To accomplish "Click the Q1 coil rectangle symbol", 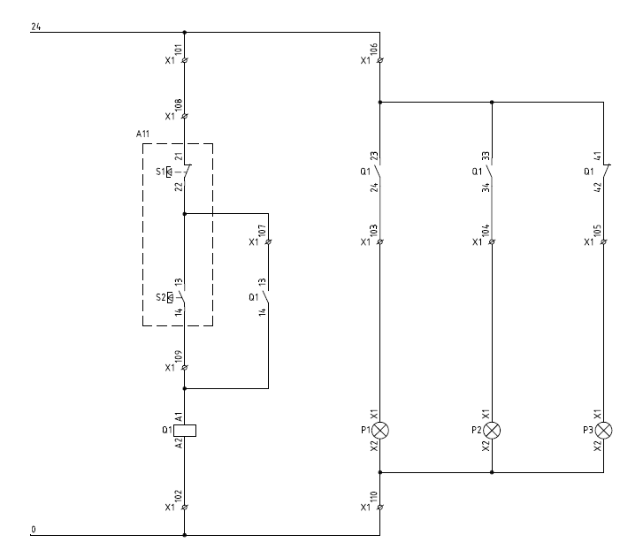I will pos(185,431).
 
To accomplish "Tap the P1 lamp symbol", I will pos(380,431).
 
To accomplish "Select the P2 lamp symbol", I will pos(491,431).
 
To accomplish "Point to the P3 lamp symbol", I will pos(603,431).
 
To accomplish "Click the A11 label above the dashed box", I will pos(143,134).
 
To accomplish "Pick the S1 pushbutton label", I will pos(161,171).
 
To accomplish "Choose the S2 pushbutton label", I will pos(161,297).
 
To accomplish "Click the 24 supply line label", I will pos(36,27).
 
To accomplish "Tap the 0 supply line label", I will pos(34,530).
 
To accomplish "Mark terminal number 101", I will pos(179,51).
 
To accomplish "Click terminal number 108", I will pos(179,107).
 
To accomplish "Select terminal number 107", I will pos(263,233).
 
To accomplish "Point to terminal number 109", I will pos(179,357).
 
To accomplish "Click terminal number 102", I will pos(179,498).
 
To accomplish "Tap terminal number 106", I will pos(374,51).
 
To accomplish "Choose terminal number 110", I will pos(374,498).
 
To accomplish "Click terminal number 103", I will pos(374,233).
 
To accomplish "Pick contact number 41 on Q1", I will pos(598,157).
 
